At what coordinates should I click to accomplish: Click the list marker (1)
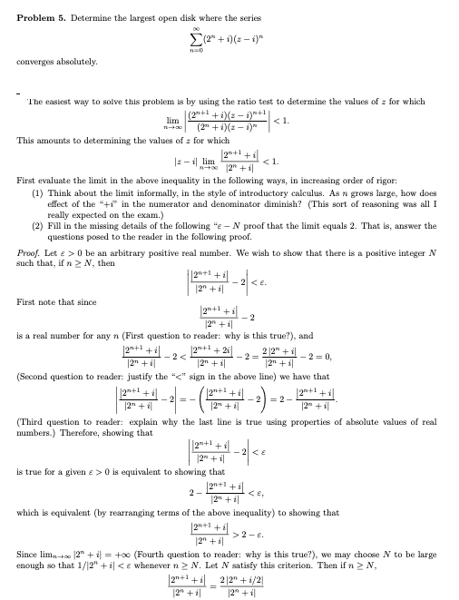[x=37, y=193]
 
